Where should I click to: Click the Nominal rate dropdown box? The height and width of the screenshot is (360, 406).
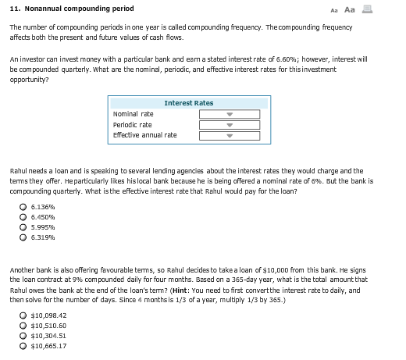(218, 114)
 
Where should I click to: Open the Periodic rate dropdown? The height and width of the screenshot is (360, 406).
(218, 124)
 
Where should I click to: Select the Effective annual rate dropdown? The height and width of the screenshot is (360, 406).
(218, 135)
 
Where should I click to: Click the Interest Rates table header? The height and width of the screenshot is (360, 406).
(188, 103)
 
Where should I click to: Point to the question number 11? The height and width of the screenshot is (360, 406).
(15, 9)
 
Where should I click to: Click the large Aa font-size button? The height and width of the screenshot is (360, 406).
(370, 9)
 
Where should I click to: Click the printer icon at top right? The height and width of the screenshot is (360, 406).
(387, 9)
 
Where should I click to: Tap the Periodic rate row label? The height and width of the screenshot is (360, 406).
(132, 125)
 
